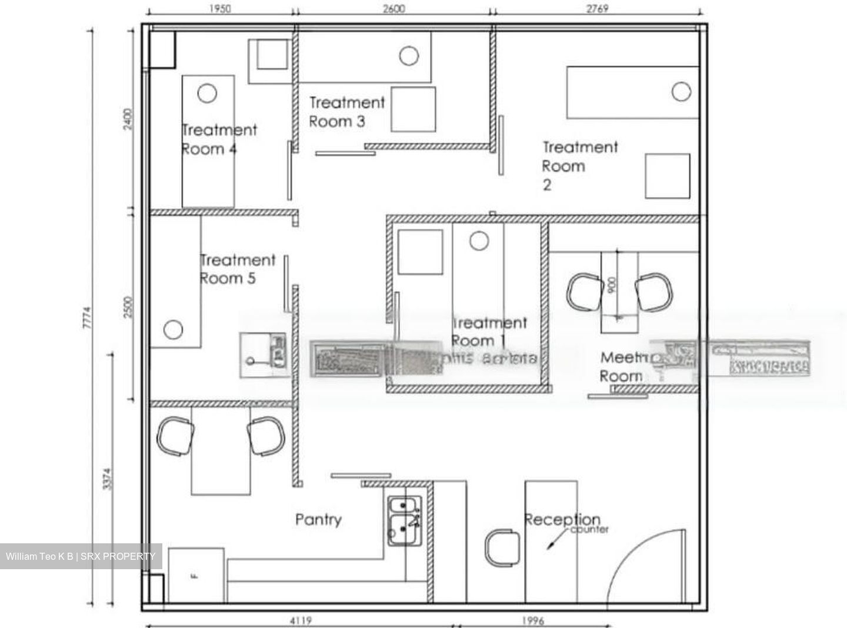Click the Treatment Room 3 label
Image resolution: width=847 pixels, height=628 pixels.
[346, 112]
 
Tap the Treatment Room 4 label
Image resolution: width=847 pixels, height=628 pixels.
[219, 139]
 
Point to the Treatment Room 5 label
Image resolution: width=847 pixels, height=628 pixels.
[237, 269]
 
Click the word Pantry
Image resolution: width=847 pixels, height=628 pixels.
[318, 519]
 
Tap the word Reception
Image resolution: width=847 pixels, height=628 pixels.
[562, 519]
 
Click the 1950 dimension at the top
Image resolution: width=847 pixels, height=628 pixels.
[219, 9]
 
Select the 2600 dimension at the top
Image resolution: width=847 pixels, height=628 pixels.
[394, 9]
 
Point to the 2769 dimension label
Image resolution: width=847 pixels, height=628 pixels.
[597, 9]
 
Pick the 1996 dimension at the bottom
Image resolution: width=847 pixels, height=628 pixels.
[533, 620]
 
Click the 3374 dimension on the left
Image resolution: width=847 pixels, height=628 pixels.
[106, 479]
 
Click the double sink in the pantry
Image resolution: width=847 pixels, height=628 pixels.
[404, 521]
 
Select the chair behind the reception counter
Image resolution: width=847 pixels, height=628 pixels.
[501, 548]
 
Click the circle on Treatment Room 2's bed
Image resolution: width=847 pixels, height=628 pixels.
[681, 92]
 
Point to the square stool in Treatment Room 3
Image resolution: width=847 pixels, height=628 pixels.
[414, 109]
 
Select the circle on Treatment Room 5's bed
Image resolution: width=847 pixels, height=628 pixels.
[173, 329]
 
